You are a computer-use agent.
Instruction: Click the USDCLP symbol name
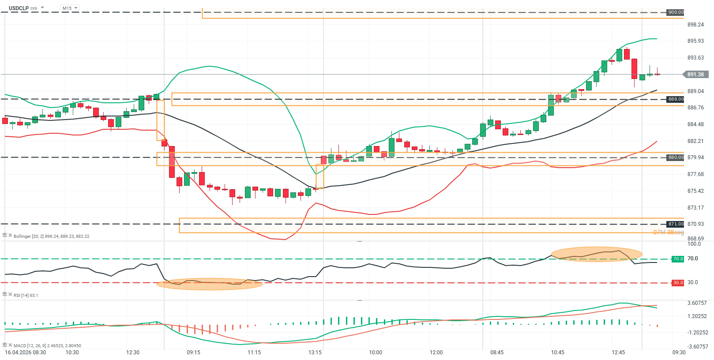coord(19,8)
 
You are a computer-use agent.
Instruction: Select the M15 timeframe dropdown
coord(69,8)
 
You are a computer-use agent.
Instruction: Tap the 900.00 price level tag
coord(675,12)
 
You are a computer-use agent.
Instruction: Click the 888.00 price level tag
coord(675,99)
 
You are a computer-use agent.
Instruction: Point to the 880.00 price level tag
coord(675,157)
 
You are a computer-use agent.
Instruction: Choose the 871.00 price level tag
coord(675,224)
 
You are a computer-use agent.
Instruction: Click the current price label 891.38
coord(695,75)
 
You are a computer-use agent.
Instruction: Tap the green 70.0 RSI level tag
coord(678,259)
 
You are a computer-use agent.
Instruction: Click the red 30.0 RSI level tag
coord(678,283)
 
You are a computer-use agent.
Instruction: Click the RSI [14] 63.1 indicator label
coord(26,295)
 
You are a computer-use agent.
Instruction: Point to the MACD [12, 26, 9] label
coord(47,345)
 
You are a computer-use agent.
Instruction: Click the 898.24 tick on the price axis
coord(695,25)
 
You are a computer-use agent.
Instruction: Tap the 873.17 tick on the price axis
coord(695,208)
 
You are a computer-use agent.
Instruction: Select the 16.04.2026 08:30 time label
coord(25,352)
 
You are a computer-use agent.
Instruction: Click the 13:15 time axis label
coord(315,352)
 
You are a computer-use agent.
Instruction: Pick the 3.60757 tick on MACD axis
coord(697,303)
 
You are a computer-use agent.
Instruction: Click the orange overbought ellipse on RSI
coord(596,254)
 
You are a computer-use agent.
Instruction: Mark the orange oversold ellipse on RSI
coord(210,284)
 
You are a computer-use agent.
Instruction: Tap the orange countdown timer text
coord(668,232)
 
